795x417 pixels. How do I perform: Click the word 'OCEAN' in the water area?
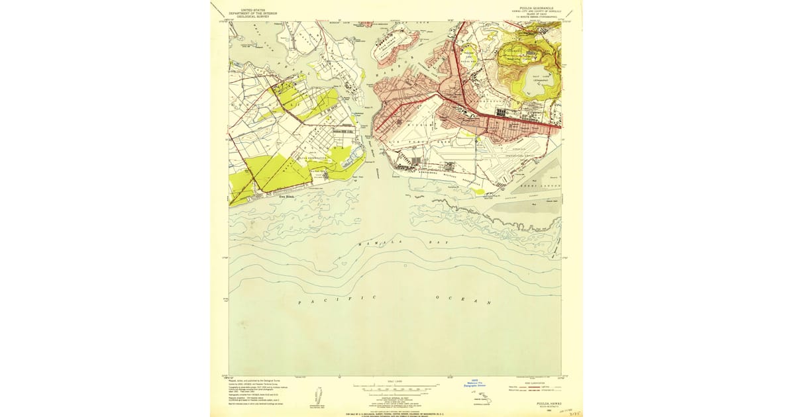tap(464, 300)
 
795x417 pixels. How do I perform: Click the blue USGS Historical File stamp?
tap(474, 383)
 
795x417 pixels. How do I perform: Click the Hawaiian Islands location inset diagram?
tap(484, 399)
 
